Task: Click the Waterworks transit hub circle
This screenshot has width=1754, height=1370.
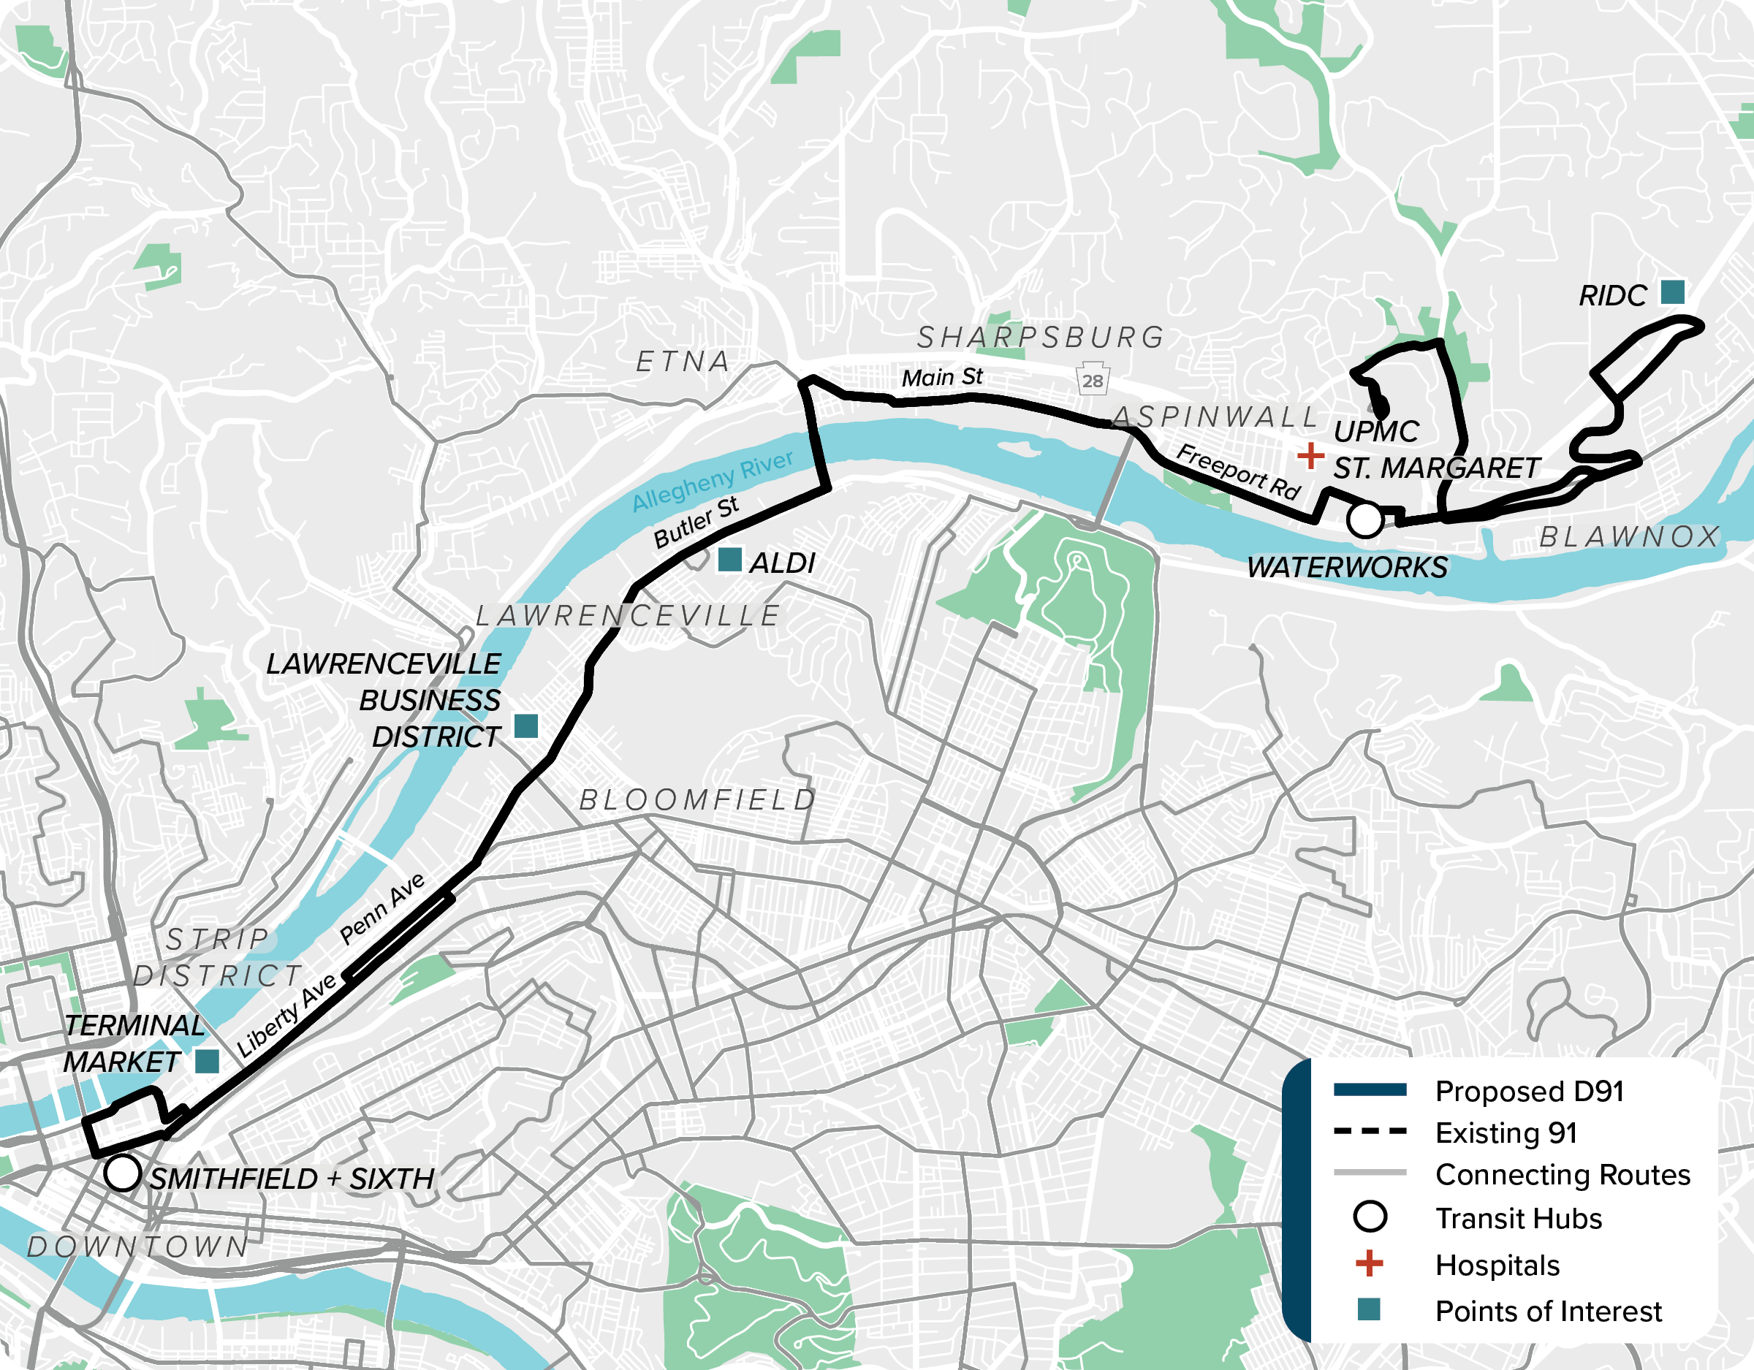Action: pos(1364,520)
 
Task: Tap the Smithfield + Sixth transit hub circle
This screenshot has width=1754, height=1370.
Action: pos(123,1173)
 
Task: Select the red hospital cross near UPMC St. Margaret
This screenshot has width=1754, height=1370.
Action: pos(1310,455)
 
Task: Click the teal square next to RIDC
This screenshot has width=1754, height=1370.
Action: pos(1672,292)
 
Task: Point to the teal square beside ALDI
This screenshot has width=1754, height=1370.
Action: pos(729,560)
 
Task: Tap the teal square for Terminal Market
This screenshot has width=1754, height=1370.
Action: pos(208,1062)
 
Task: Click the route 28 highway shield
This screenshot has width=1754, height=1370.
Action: pos(1093,380)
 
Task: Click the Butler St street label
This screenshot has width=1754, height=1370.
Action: pos(696,522)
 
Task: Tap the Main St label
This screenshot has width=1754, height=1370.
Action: pos(941,376)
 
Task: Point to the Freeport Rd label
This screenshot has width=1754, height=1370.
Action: pos(1237,471)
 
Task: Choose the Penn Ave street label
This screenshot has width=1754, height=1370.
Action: pos(382,909)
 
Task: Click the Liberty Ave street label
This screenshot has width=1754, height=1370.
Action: pos(286,1016)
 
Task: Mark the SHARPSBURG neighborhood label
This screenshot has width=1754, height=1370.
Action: pos(1040,338)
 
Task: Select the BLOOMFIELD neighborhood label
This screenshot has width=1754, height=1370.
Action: pos(697,800)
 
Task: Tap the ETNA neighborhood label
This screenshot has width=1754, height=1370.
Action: pos(683,362)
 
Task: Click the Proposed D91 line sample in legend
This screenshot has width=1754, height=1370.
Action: pos(1370,1089)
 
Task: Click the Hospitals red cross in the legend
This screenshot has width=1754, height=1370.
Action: pos(1370,1263)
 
